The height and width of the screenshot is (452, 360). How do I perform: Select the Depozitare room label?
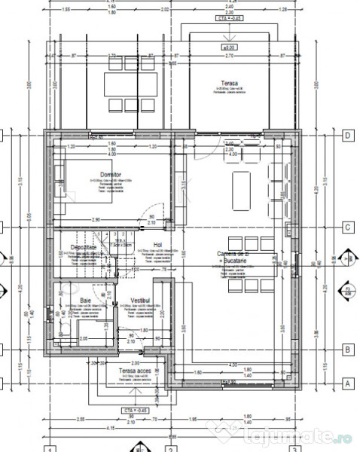click(84, 247)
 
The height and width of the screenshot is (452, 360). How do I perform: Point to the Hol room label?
click(157, 245)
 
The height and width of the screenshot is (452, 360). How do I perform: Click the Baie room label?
click(86, 300)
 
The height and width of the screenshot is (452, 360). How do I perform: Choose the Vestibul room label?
click(139, 300)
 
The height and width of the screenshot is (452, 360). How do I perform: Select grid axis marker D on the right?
click(348, 136)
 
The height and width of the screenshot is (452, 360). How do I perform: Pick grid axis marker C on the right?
click(348, 226)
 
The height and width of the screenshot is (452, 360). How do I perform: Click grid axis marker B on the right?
click(348, 350)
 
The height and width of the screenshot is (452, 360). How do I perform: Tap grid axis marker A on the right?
click(348, 382)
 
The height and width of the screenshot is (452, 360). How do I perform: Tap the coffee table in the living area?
click(241, 182)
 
